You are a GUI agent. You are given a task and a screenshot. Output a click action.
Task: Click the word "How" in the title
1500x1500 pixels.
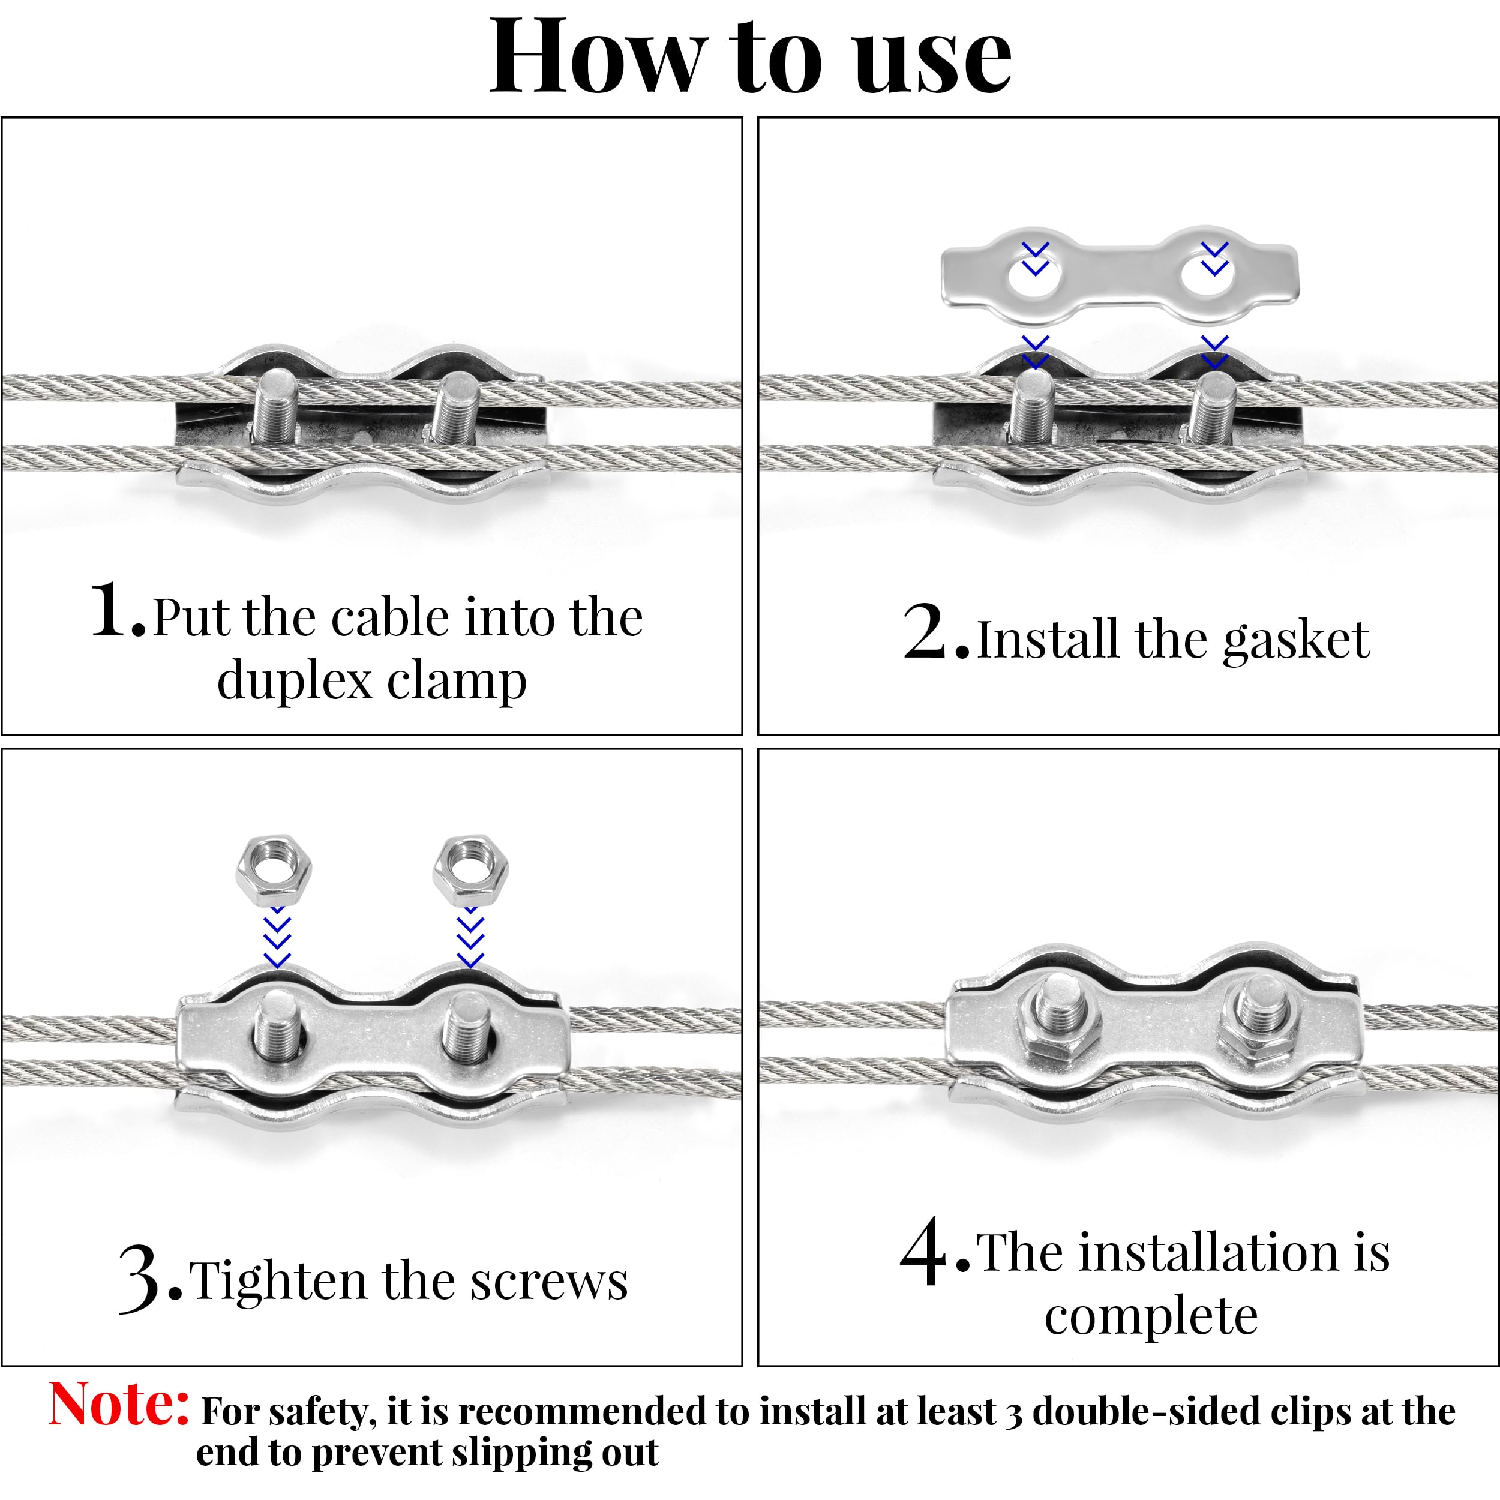(595, 58)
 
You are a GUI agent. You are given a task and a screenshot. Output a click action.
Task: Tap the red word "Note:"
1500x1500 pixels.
(118, 1405)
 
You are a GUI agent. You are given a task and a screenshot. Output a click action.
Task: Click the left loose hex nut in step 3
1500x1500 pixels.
(273, 871)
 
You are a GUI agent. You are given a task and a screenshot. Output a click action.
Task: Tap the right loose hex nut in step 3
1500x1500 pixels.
(470, 871)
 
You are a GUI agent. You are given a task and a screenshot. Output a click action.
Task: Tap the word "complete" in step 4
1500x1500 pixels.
(1151, 1318)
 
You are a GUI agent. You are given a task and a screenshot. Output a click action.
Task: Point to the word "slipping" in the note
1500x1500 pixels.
(520, 1453)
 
